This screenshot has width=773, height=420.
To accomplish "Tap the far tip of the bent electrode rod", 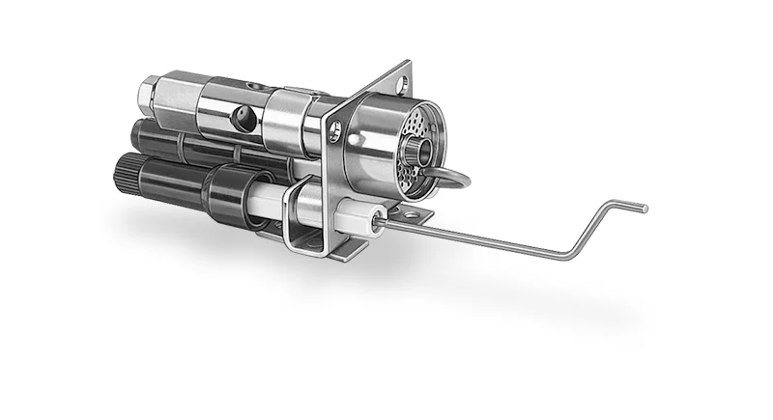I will click(644, 207).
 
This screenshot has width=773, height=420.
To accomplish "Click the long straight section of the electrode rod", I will click(473, 238).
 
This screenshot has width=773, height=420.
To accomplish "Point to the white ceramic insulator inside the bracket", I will click(306, 203).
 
